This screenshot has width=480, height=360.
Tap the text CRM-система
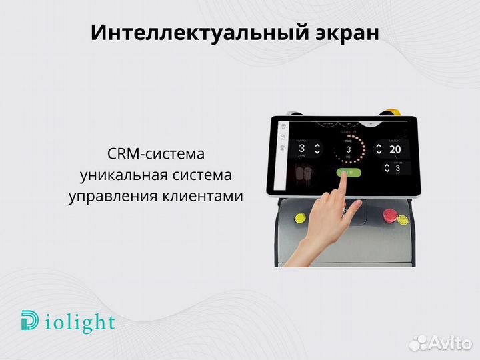coord(155,155)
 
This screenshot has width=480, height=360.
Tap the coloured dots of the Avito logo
coord(418,342)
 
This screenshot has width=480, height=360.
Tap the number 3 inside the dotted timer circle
coord(348,149)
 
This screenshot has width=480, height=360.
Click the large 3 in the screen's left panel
coord(301,149)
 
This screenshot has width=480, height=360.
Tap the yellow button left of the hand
coord(298,217)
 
